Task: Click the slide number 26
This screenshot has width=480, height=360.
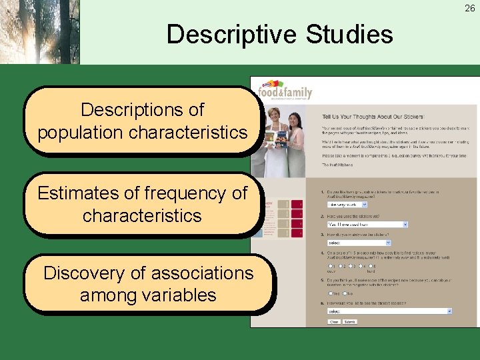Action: [x=470, y=8]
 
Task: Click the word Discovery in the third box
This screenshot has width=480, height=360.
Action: [x=89, y=273]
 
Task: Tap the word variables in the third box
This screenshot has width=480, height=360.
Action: [x=176, y=295]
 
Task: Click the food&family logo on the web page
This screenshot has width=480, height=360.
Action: [x=285, y=91]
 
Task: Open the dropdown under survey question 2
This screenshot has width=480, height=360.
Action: [x=367, y=225]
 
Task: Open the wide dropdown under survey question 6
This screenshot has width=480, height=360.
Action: [x=389, y=311]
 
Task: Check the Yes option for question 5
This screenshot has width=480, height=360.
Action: [x=329, y=292]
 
